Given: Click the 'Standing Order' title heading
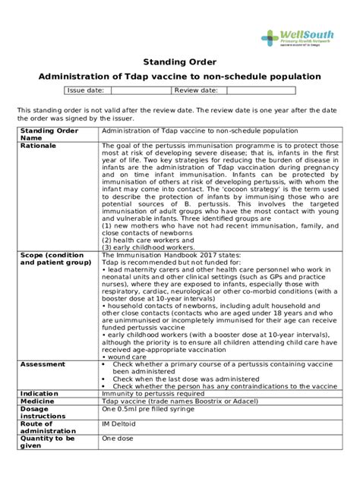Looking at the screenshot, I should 179,61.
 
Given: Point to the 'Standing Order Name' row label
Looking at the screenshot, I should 49,134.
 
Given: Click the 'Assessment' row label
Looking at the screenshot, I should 43,363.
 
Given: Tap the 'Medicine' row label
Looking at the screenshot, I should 40,402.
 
